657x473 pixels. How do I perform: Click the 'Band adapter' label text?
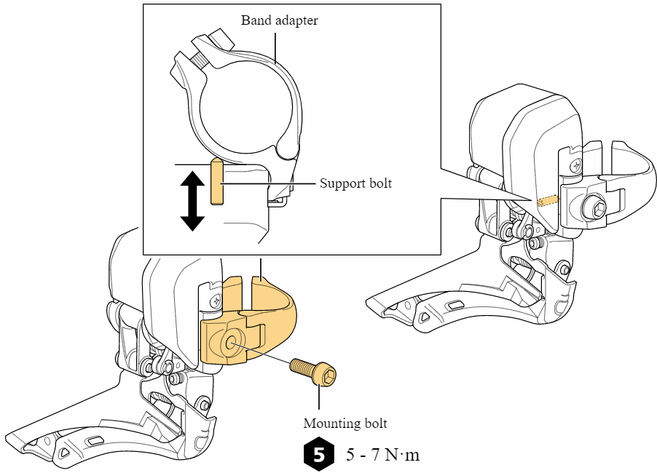coord(279,20)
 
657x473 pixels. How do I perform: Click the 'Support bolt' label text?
coord(355,183)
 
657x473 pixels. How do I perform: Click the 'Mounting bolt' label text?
coord(345,423)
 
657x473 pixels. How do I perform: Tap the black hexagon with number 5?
coord(318,455)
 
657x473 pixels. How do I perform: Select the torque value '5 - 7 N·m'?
coord(382,456)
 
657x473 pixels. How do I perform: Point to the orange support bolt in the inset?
coord(216,181)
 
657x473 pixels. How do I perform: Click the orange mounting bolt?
coord(313,370)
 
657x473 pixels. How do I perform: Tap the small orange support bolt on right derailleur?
coord(546,200)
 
